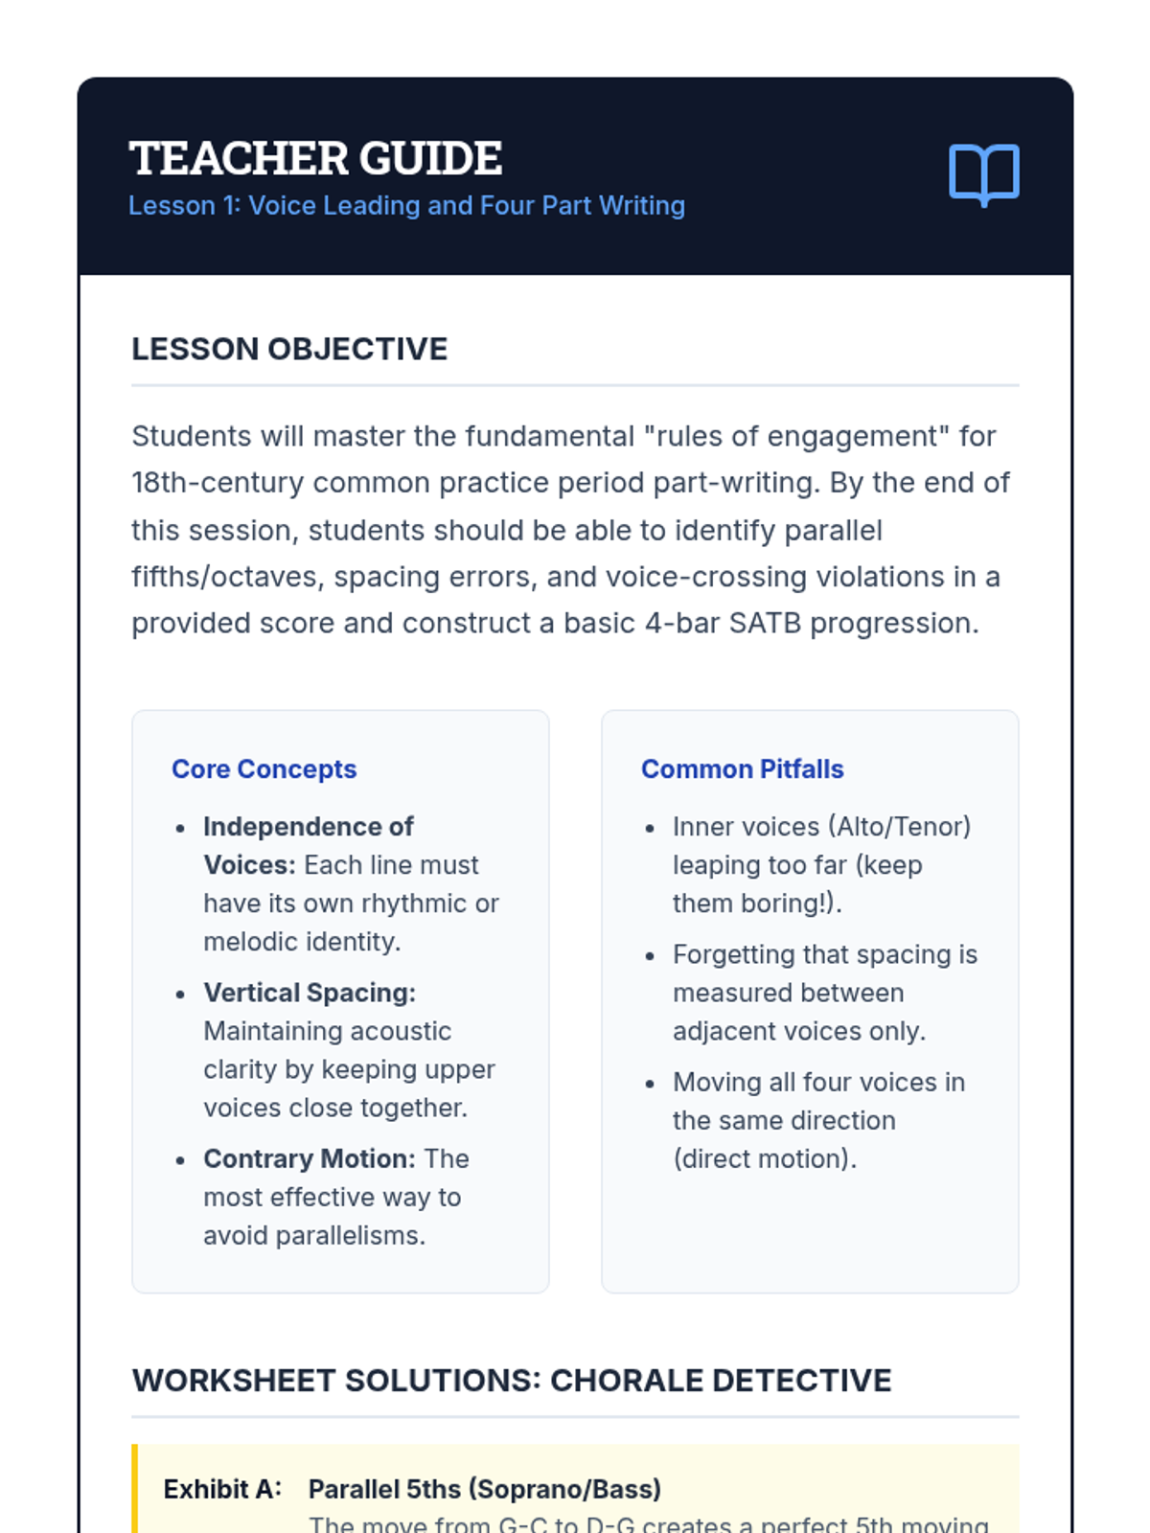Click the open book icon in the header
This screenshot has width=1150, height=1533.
click(x=983, y=174)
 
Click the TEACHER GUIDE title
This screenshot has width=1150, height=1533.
click(x=315, y=159)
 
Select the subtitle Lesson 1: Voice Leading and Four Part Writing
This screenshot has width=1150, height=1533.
click(x=406, y=206)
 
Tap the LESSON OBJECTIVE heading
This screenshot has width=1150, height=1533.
click(x=289, y=350)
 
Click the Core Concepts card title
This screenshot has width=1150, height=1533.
click(x=264, y=769)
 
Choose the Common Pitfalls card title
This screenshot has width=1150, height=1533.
click(x=742, y=769)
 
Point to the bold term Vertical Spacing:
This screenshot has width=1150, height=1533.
click(x=310, y=993)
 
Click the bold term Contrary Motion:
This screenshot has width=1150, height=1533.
click(x=310, y=1158)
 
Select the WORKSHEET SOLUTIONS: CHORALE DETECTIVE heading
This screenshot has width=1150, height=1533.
click(x=512, y=1381)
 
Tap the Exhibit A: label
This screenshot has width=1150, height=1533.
click(x=222, y=1489)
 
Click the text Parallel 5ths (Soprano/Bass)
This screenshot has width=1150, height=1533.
click(x=485, y=1489)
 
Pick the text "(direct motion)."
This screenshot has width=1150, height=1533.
click(x=765, y=1159)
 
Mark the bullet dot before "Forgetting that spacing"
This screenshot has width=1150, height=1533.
click(x=650, y=956)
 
